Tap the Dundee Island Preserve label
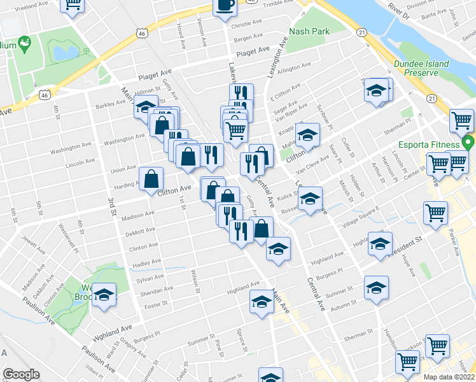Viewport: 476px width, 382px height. point(421,68)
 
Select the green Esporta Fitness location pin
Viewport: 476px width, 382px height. point(469,143)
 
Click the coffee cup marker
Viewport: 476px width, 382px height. point(225,6)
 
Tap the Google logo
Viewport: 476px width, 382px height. point(21,374)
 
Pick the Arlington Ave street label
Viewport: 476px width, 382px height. point(293,66)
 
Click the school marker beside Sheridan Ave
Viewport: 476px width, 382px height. point(104,295)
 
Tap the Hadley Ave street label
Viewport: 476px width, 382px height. point(145,262)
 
